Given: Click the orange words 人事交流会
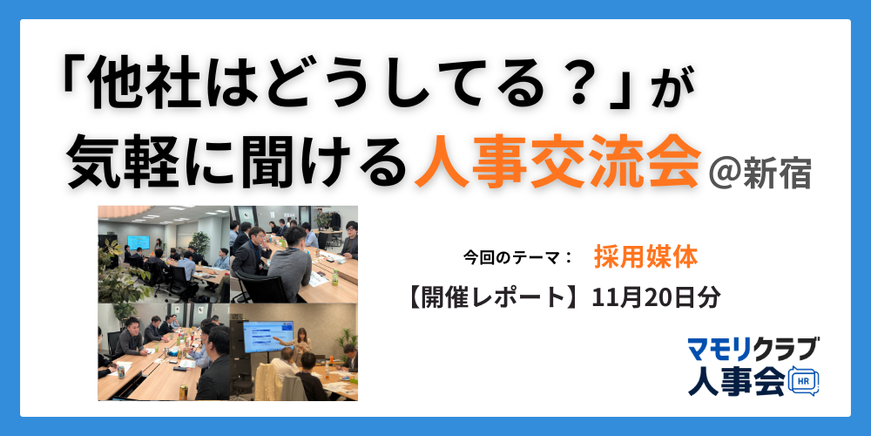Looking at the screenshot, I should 557,163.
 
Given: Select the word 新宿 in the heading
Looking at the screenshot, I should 778,172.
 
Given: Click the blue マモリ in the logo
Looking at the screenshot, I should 719,350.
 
